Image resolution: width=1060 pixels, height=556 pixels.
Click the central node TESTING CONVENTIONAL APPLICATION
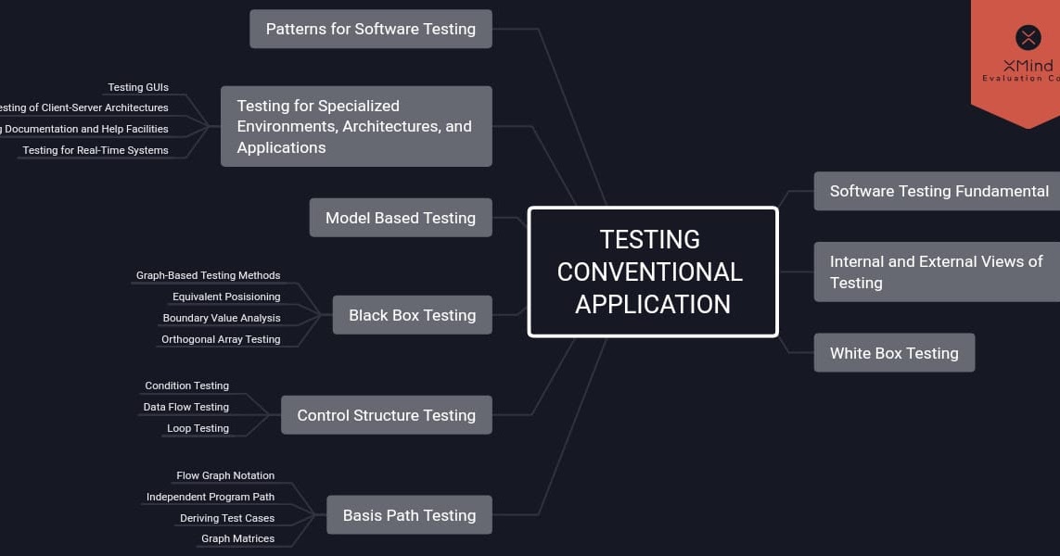pyautogui.click(x=652, y=272)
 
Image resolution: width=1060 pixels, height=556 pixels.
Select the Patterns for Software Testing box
pyautogui.click(x=370, y=29)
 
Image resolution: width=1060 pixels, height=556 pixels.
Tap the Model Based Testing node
pyautogui.click(x=400, y=218)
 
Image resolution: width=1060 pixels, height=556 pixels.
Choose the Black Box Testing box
pyautogui.click(x=412, y=315)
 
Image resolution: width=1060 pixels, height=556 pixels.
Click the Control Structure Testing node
pyautogui.click(x=386, y=415)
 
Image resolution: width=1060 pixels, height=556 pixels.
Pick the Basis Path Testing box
pyautogui.click(x=409, y=515)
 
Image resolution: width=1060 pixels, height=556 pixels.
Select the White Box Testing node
pyautogui.click(x=893, y=353)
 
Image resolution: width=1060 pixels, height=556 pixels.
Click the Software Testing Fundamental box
pyautogui.click(x=938, y=191)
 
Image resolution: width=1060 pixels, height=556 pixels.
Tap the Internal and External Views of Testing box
pyautogui.click(x=936, y=272)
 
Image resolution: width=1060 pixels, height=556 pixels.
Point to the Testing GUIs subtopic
pyautogui.click(x=138, y=87)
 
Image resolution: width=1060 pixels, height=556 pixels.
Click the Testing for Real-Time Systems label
pyautogui.click(x=96, y=150)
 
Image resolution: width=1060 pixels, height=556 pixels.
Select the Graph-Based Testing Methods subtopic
pyautogui.click(x=208, y=275)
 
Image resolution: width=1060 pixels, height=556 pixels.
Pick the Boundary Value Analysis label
pyautogui.click(x=221, y=318)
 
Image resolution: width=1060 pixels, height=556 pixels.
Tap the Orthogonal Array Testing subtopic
pyautogui.click(x=221, y=339)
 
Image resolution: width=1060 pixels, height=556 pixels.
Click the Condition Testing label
pyautogui.click(x=186, y=385)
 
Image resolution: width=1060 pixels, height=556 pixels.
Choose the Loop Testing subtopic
pyautogui.click(x=198, y=428)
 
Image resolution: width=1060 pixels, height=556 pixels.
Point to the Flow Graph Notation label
pyautogui.click(x=225, y=475)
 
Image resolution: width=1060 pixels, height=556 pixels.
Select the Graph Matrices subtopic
pyautogui.click(x=237, y=538)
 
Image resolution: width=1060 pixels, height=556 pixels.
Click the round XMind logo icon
pyautogui.click(x=1028, y=37)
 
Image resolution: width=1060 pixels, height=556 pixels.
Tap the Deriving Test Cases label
pyautogui.click(x=227, y=518)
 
